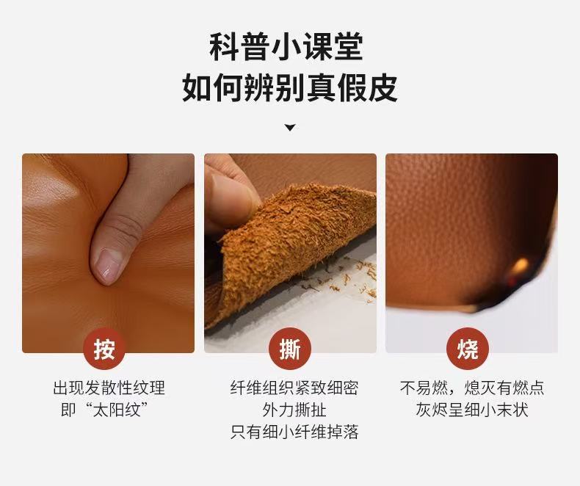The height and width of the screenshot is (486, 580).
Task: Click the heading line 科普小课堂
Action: [x=286, y=47]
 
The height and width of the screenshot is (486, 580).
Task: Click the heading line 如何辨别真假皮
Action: [x=289, y=87]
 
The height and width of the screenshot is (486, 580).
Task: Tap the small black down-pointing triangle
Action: [x=290, y=128]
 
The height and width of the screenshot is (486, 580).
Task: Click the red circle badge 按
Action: [x=104, y=349]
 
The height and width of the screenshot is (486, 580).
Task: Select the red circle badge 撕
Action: [x=290, y=349]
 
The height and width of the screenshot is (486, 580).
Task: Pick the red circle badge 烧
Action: [x=468, y=349]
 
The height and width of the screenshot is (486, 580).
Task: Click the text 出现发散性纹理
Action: [x=109, y=388]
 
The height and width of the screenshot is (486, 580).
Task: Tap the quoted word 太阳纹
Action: [x=116, y=410]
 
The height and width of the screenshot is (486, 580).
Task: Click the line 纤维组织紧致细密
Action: [x=294, y=388]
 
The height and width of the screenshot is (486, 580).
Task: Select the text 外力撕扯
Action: [x=294, y=410]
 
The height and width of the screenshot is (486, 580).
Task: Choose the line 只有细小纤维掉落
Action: [x=294, y=432]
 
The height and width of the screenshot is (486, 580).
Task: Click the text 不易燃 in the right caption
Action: [x=424, y=388]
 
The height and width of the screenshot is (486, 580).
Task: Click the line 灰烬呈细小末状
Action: [x=472, y=410]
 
